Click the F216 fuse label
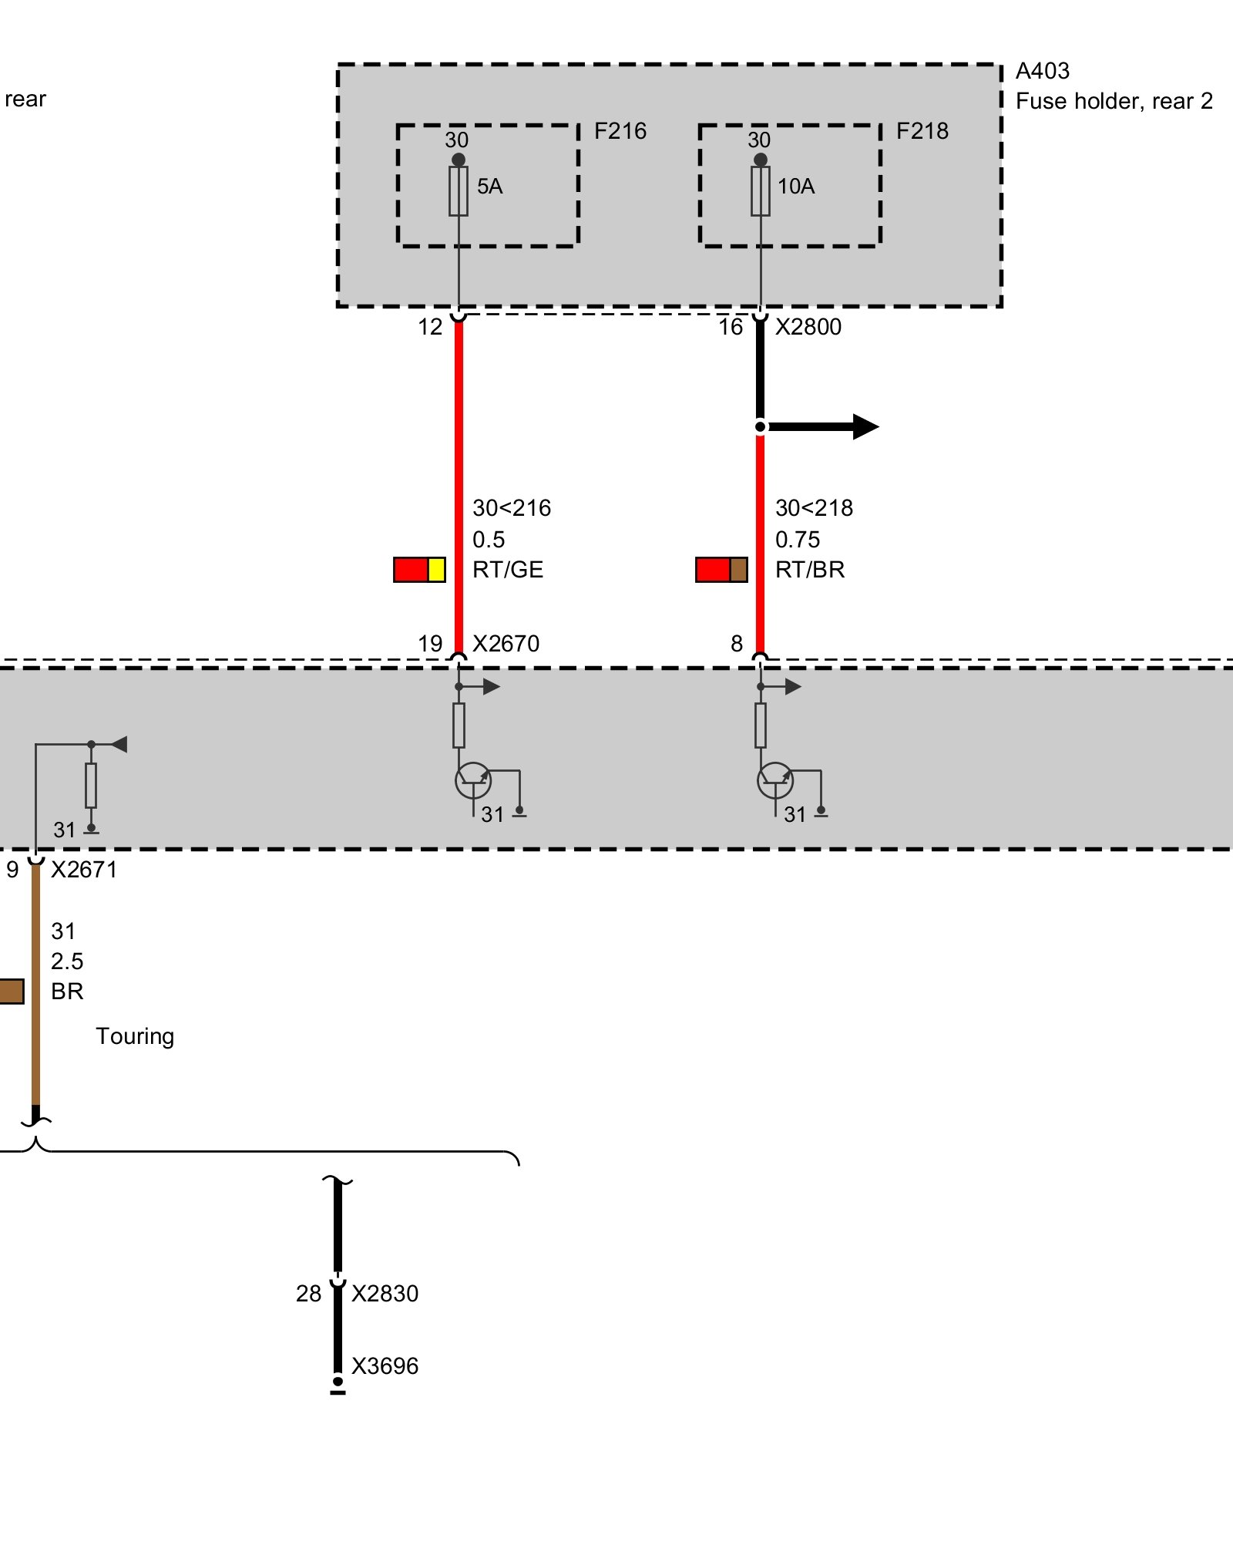[x=620, y=131]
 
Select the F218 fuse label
[x=922, y=131]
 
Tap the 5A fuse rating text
[x=489, y=187]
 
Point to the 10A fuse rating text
[x=795, y=187]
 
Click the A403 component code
[x=1042, y=72]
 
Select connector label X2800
[x=808, y=327]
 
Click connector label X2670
[x=506, y=644]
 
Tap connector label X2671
[x=84, y=870]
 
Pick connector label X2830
[x=385, y=1294]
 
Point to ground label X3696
[x=385, y=1366]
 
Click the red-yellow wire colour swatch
[x=419, y=570]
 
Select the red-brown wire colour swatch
[x=721, y=570]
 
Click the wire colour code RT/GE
[x=508, y=570]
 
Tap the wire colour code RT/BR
[x=810, y=570]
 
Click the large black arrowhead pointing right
[x=865, y=426]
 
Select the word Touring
[x=135, y=1036]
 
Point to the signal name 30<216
[x=512, y=508]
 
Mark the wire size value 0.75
[x=798, y=540]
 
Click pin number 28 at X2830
[x=308, y=1294]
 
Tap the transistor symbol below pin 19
[x=472, y=780]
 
